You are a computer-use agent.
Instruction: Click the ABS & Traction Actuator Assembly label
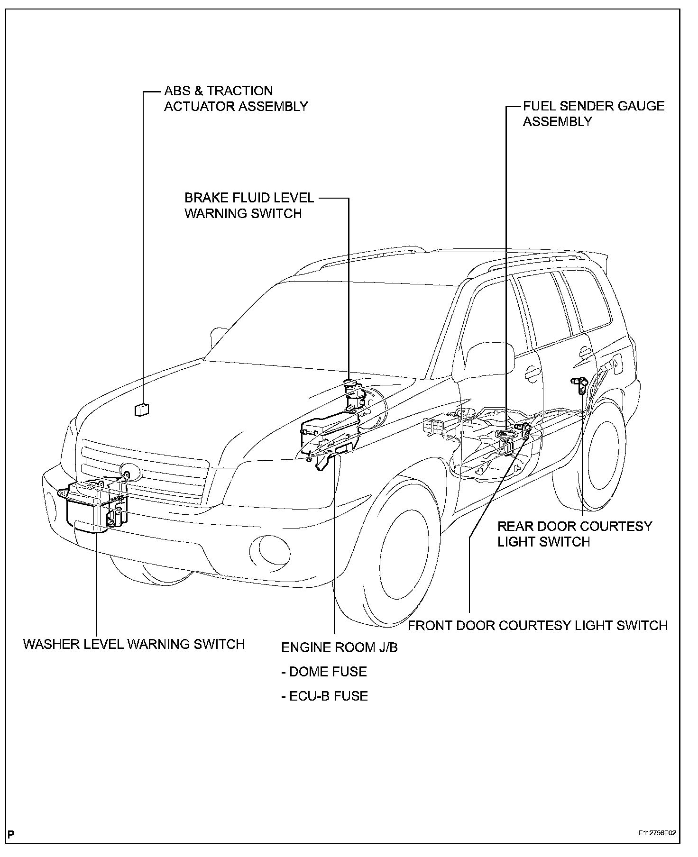tap(236, 99)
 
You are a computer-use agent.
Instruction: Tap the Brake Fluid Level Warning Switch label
tap(248, 205)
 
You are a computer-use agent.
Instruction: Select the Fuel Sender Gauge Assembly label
tap(593, 114)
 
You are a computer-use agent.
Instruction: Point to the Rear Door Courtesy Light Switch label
tap(574, 534)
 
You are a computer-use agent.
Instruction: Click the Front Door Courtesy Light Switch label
tap(538, 625)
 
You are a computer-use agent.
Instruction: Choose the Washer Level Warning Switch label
tap(134, 644)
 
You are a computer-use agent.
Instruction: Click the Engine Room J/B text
tap(339, 647)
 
